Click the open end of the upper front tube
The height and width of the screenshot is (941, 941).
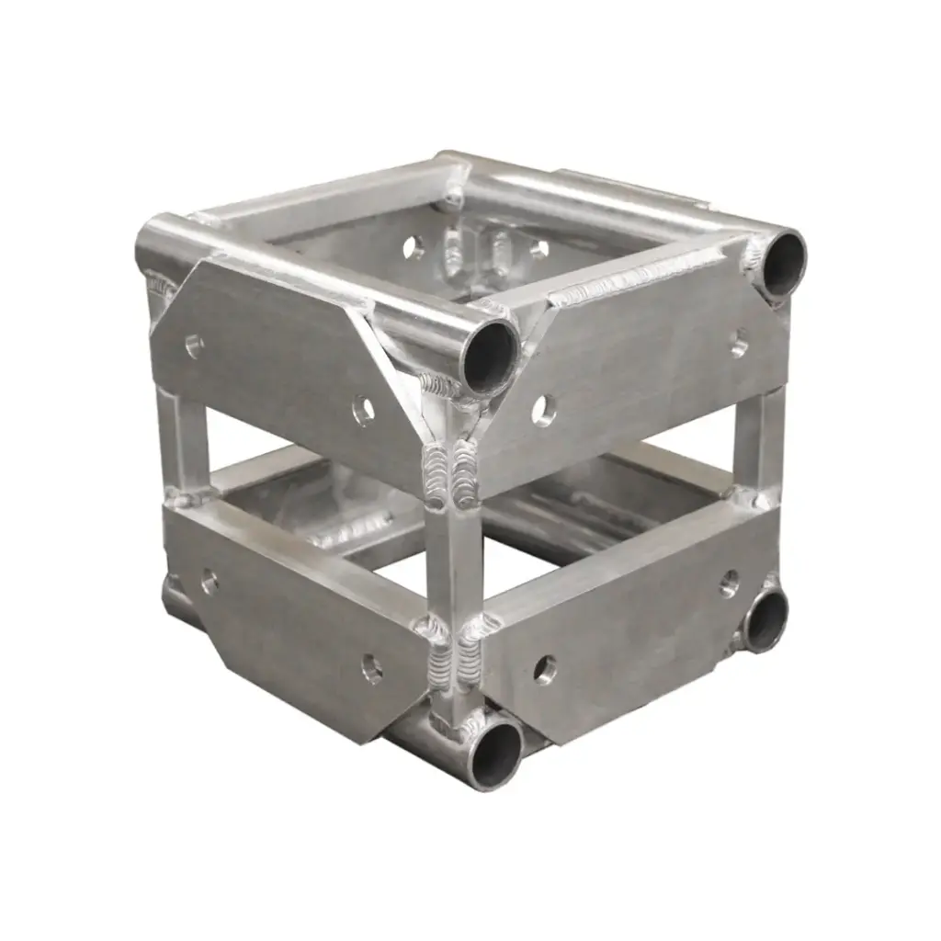(x=490, y=357)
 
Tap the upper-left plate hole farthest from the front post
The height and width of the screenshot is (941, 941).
(x=194, y=346)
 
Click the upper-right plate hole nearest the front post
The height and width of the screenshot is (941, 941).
(x=543, y=409)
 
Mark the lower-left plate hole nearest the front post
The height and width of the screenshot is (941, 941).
(x=371, y=667)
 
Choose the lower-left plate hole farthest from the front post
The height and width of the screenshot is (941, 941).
(x=210, y=581)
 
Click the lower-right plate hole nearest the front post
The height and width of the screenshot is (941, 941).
(x=545, y=668)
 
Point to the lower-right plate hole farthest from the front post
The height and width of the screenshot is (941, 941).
(x=730, y=582)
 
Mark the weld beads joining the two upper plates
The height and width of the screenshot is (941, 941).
(x=453, y=470)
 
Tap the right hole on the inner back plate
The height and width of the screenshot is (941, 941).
(x=538, y=248)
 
